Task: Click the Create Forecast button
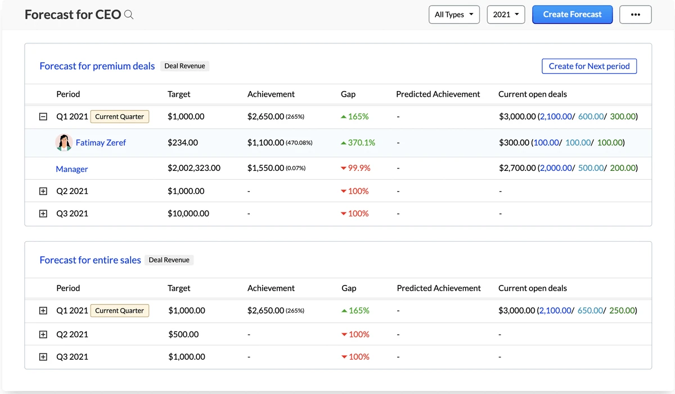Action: pyautogui.click(x=572, y=15)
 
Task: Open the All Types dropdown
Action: pyautogui.click(x=454, y=15)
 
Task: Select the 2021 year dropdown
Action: pyautogui.click(x=506, y=15)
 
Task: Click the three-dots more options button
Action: pyautogui.click(x=635, y=15)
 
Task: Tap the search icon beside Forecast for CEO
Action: pyautogui.click(x=129, y=15)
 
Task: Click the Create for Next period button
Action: pyautogui.click(x=589, y=66)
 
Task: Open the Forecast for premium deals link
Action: pyautogui.click(x=97, y=66)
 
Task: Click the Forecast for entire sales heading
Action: pyautogui.click(x=90, y=260)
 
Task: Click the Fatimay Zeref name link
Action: pyautogui.click(x=101, y=143)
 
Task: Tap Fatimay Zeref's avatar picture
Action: pyautogui.click(x=64, y=143)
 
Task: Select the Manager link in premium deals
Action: pyautogui.click(x=72, y=169)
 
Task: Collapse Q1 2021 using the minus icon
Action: pyautogui.click(x=43, y=117)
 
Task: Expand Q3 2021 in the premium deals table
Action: pyautogui.click(x=43, y=214)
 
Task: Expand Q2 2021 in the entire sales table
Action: pyautogui.click(x=43, y=334)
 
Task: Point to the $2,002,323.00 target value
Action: pyautogui.click(x=194, y=168)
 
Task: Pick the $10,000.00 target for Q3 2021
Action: pyautogui.click(x=188, y=214)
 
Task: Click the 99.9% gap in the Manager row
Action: pyautogui.click(x=358, y=168)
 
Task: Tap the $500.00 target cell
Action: pyautogui.click(x=183, y=334)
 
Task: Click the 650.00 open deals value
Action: pyautogui.click(x=590, y=311)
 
